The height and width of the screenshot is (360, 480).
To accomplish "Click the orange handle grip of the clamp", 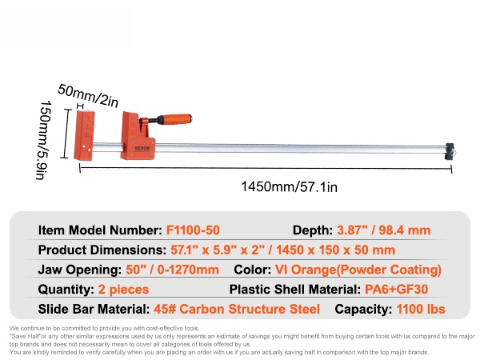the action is [174, 118].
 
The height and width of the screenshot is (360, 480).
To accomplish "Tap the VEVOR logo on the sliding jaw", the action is [142, 148].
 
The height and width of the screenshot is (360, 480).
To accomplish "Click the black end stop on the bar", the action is [450, 151].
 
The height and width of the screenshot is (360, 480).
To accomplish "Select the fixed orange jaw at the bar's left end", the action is [84, 135].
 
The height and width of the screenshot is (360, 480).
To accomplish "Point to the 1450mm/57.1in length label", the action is [290, 186].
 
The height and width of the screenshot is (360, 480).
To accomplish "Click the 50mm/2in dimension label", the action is [88, 95].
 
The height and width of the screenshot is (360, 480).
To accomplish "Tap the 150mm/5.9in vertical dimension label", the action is [44, 140].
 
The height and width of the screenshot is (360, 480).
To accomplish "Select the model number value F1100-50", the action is [193, 230].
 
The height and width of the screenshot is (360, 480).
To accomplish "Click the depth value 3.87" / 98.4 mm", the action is [383, 230].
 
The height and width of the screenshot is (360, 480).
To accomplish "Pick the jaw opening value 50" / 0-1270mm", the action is [172, 270].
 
